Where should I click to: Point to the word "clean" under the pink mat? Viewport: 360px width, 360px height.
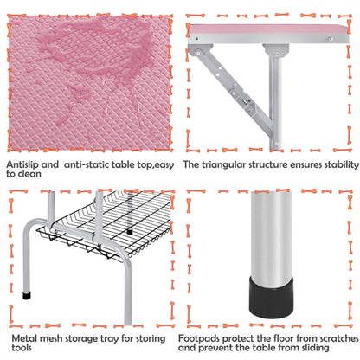click(x=30, y=175)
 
